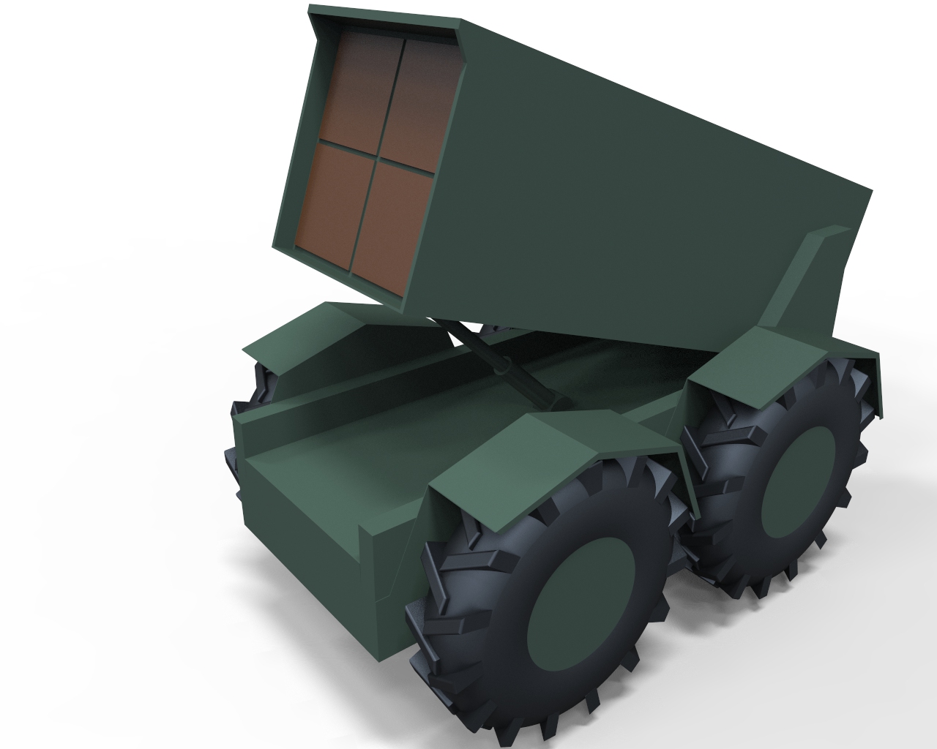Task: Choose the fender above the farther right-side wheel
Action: point(769,358)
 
